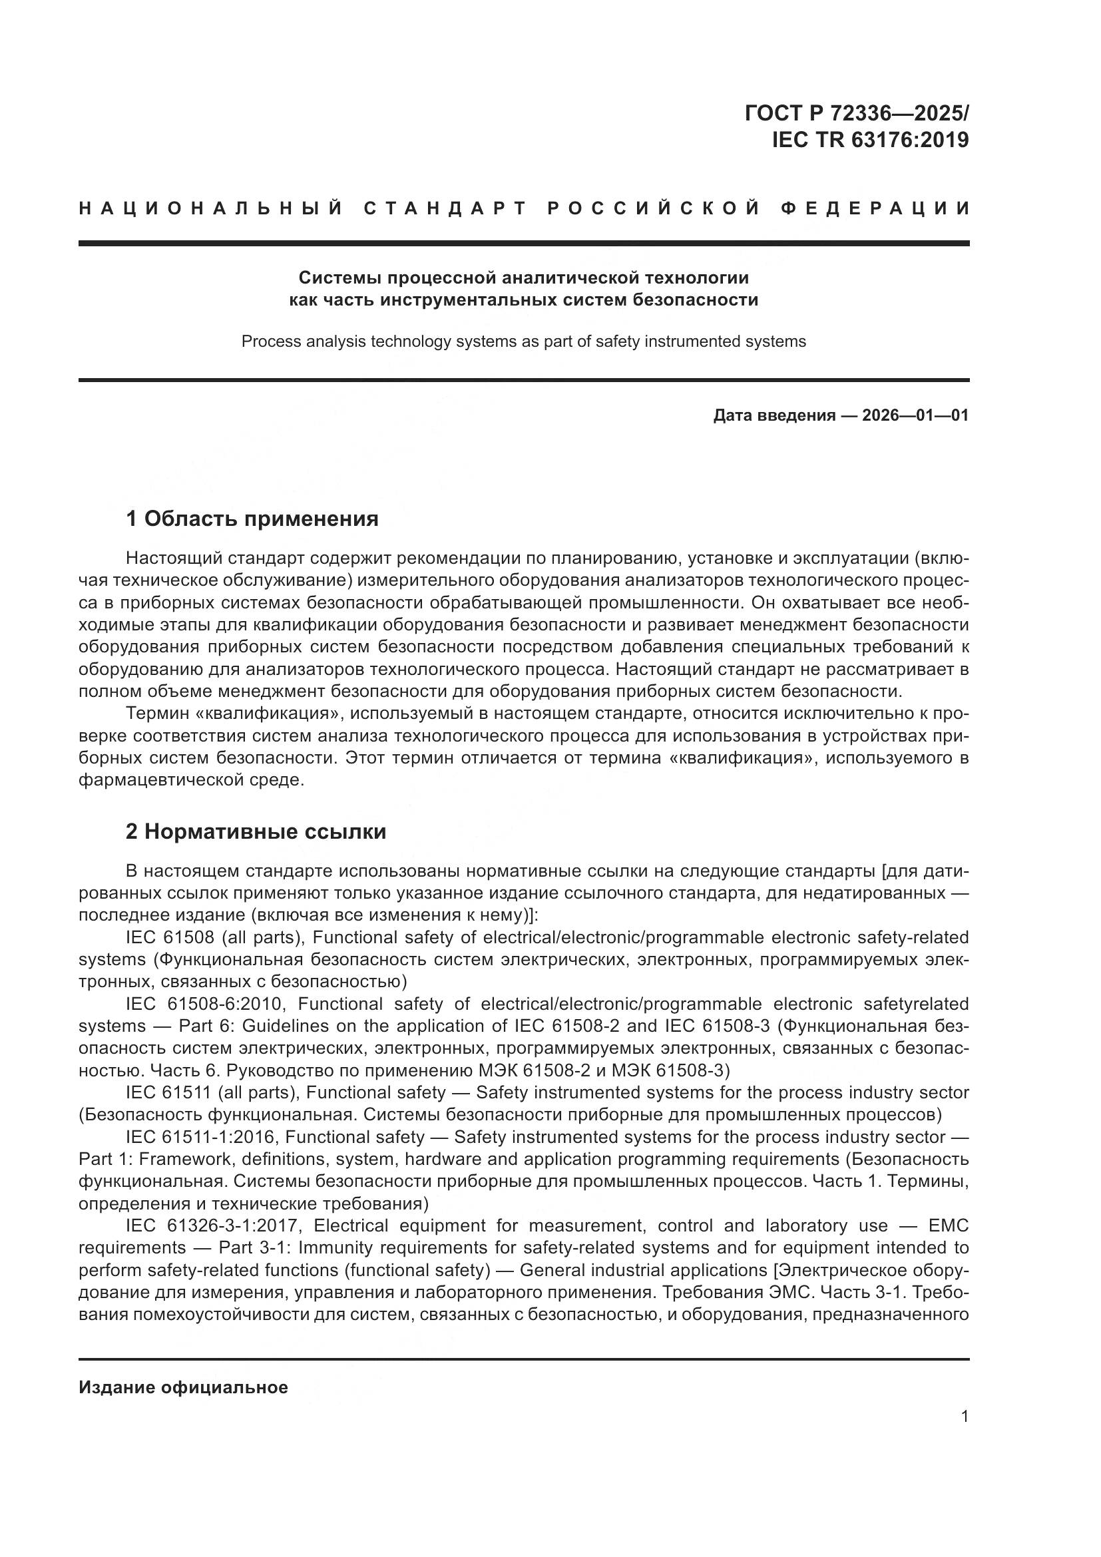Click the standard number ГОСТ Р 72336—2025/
pos(856,112)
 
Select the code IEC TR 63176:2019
pos(870,140)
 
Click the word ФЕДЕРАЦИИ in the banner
pos(875,208)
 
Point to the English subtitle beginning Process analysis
pos(523,341)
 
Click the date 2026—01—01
pos(915,415)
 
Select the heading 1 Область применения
pos(252,519)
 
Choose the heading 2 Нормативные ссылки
pos(256,831)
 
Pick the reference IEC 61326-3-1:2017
pos(213,1225)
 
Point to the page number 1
pos(965,1417)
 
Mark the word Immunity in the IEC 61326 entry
pos(329,1247)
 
